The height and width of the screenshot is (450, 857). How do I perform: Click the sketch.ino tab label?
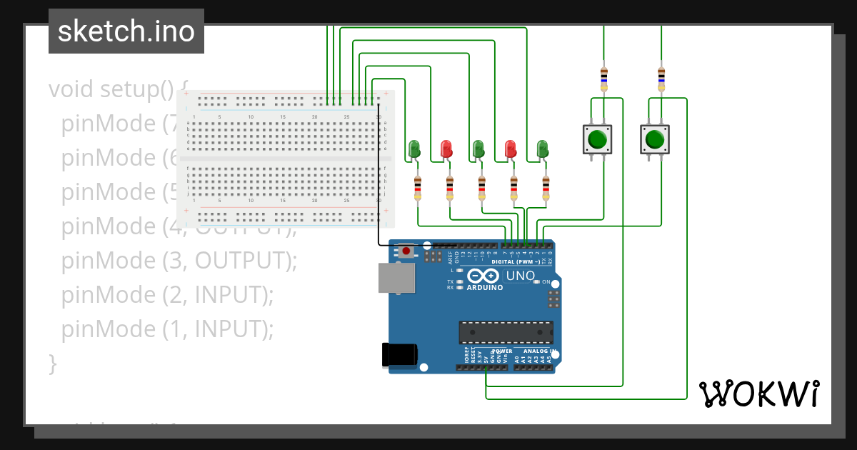(x=126, y=31)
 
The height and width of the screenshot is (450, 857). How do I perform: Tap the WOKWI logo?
(x=758, y=394)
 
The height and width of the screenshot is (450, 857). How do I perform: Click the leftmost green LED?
(x=415, y=149)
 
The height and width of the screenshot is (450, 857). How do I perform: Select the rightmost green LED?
(x=542, y=149)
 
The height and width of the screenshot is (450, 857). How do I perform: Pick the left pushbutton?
(x=597, y=139)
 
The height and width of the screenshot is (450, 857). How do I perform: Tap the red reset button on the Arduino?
(x=407, y=251)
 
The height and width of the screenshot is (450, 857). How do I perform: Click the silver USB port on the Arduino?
(x=395, y=278)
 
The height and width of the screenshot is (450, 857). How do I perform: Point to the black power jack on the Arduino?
(x=399, y=355)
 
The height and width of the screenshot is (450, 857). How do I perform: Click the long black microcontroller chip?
(x=506, y=332)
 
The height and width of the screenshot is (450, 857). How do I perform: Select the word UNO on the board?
(x=521, y=276)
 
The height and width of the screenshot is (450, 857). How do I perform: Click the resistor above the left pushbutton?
(x=604, y=79)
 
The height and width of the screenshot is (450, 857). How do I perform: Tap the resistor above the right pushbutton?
(x=661, y=79)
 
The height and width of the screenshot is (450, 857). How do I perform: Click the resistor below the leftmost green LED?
(x=418, y=189)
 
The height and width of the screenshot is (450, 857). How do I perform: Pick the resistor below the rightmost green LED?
(x=546, y=189)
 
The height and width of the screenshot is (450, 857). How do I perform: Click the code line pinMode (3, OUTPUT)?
(x=179, y=261)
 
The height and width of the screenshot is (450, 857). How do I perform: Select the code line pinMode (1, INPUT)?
(x=167, y=329)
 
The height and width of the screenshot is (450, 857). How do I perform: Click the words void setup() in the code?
(x=111, y=89)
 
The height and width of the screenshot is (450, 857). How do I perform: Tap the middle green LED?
(x=478, y=149)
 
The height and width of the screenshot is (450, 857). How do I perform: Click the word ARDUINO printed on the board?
(x=486, y=288)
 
